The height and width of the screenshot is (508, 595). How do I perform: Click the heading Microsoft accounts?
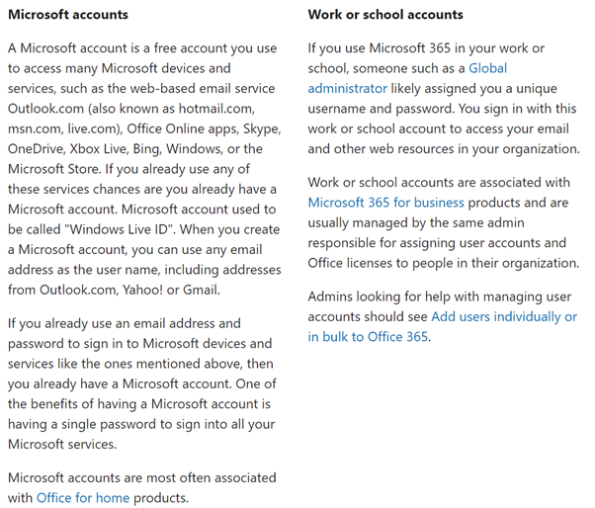[68, 15]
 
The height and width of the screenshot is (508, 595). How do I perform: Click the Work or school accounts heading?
[385, 15]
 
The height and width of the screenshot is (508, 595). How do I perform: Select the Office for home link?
[83, 497]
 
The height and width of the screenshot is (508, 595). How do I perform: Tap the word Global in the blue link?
[488, 67]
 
